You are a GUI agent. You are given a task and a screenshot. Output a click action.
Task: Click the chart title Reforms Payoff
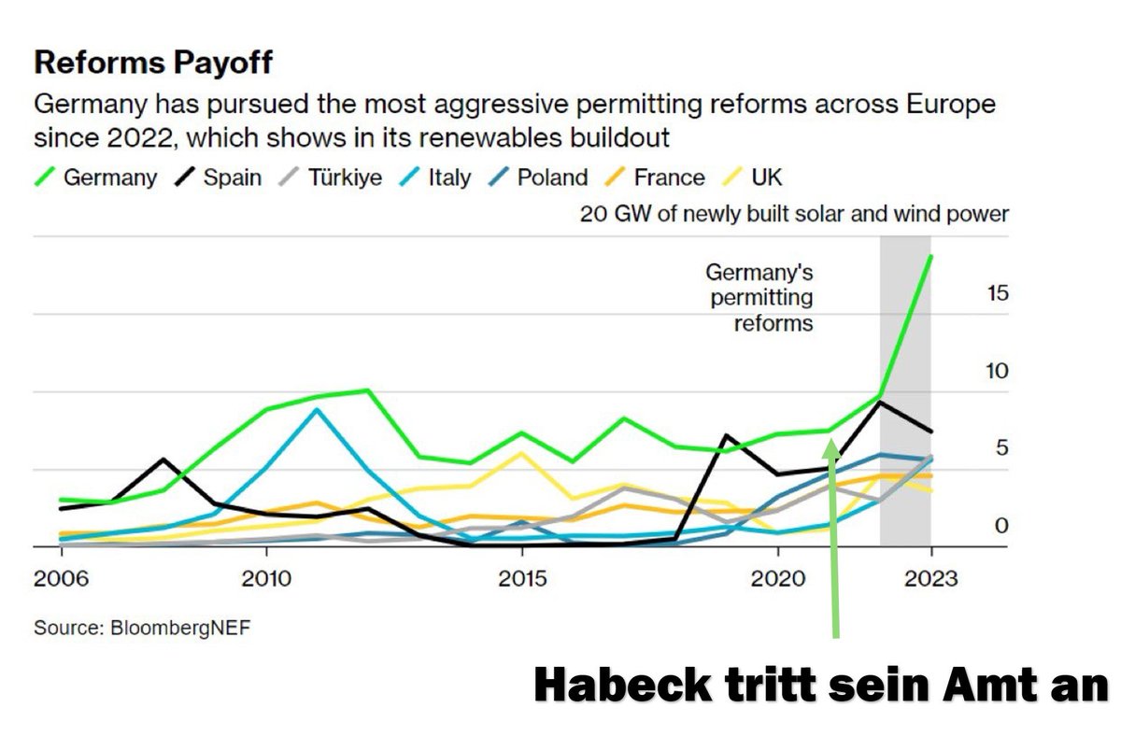tap(153, 64)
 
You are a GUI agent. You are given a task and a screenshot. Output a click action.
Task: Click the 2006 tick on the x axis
tap(61, 579)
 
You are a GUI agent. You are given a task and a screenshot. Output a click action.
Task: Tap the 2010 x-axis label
tap(267, 579)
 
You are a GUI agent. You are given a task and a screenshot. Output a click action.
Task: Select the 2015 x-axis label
tap(522, 579)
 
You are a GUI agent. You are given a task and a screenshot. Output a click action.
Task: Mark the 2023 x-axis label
tap(930, 579)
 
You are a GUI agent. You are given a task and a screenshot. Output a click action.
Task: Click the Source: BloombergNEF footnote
tap(143, 627)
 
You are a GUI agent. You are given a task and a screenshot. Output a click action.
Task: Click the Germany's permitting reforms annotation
tap(759, 299)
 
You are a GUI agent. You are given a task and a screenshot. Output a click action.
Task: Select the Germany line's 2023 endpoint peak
tap(930, 255)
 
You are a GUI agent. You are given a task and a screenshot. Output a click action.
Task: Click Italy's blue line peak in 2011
tap(318, 409)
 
